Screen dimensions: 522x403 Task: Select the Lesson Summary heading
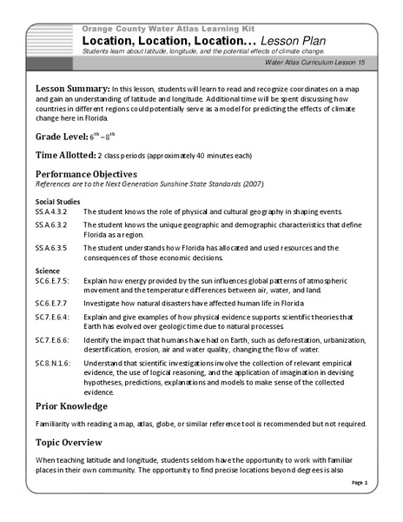(x=72, y=90)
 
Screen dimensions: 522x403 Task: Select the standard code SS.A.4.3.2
(x=52, y=212)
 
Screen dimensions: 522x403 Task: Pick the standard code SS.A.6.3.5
(x=52, y=248)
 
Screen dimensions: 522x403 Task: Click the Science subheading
(x=47, y=271)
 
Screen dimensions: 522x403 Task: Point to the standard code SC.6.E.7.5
(x=53, y=282)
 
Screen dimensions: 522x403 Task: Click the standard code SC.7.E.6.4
(x=53, y=318)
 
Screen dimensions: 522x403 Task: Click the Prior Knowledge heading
(x=71, y=406)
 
